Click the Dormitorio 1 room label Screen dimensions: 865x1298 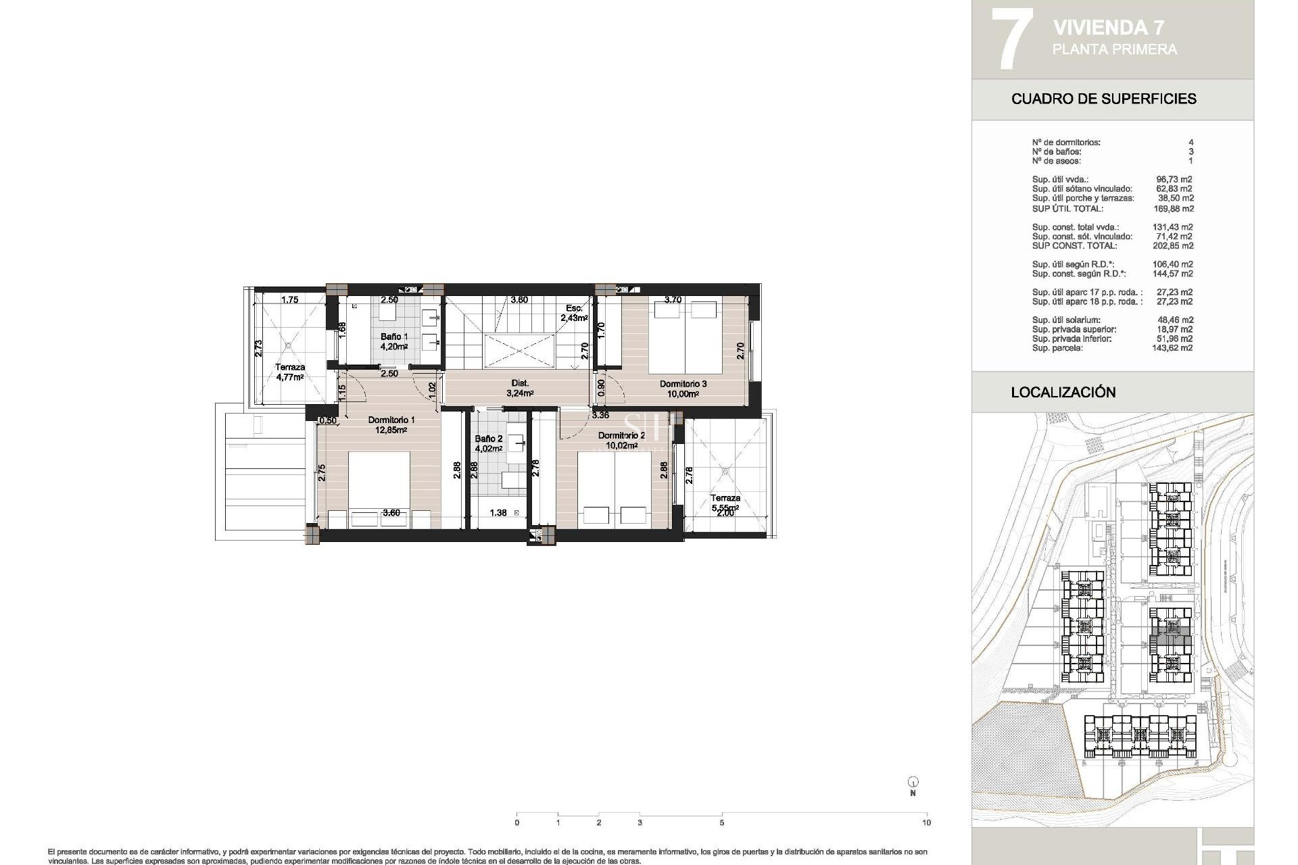pos(391,420)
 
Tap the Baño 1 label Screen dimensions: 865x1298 pos(393,337)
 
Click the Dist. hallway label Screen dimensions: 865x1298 pos(520,383)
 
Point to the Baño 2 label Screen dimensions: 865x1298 pos(488,439)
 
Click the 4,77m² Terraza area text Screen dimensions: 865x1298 pos(290,378)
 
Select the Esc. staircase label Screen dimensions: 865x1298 pos(574,308)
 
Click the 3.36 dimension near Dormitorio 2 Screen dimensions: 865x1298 pos(600,415)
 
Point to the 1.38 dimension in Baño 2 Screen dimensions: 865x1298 pos(498,513)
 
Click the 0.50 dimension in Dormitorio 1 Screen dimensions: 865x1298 pos(328,420)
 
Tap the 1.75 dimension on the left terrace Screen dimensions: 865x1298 pos(290,299)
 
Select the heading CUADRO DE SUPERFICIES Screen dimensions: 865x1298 pos(1103,99)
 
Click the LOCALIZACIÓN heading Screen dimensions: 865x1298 pos(1063,392)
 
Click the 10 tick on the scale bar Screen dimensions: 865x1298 pos(926,822)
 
